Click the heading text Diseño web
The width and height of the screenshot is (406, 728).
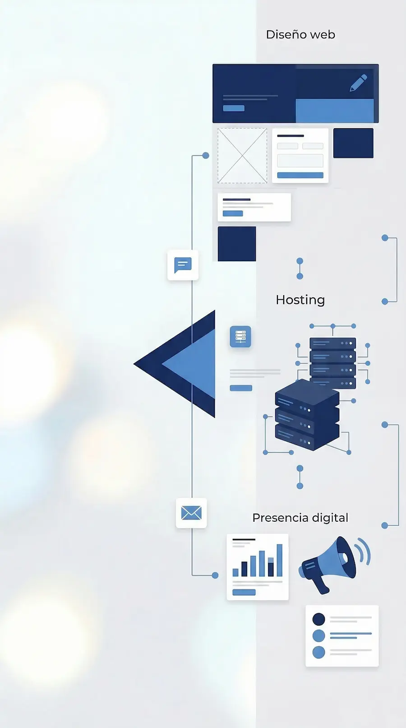point(300,35)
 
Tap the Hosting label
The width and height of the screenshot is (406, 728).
point(300,300)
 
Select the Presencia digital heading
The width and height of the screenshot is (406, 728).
point(300,518)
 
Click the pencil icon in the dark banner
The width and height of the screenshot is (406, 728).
point(358,83)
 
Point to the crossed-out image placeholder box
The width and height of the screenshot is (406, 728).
point(242,156)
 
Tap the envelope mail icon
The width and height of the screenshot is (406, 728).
point(191,513)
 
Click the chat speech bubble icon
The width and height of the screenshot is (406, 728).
point(183,265)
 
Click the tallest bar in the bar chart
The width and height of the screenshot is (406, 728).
point(280,560)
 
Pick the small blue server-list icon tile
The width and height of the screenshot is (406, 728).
point(240,337)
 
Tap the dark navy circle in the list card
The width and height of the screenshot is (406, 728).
point(318,619)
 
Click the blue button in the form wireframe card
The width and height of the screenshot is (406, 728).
point(300,175)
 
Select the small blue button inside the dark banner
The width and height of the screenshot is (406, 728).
point(234,108)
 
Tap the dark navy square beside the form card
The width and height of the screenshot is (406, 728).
point(353,143)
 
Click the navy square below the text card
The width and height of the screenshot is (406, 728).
point(237,244)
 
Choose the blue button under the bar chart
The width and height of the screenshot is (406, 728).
point(244,592)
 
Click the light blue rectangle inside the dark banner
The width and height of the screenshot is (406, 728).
point(335,111)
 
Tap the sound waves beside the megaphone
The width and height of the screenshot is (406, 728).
point(364,552)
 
